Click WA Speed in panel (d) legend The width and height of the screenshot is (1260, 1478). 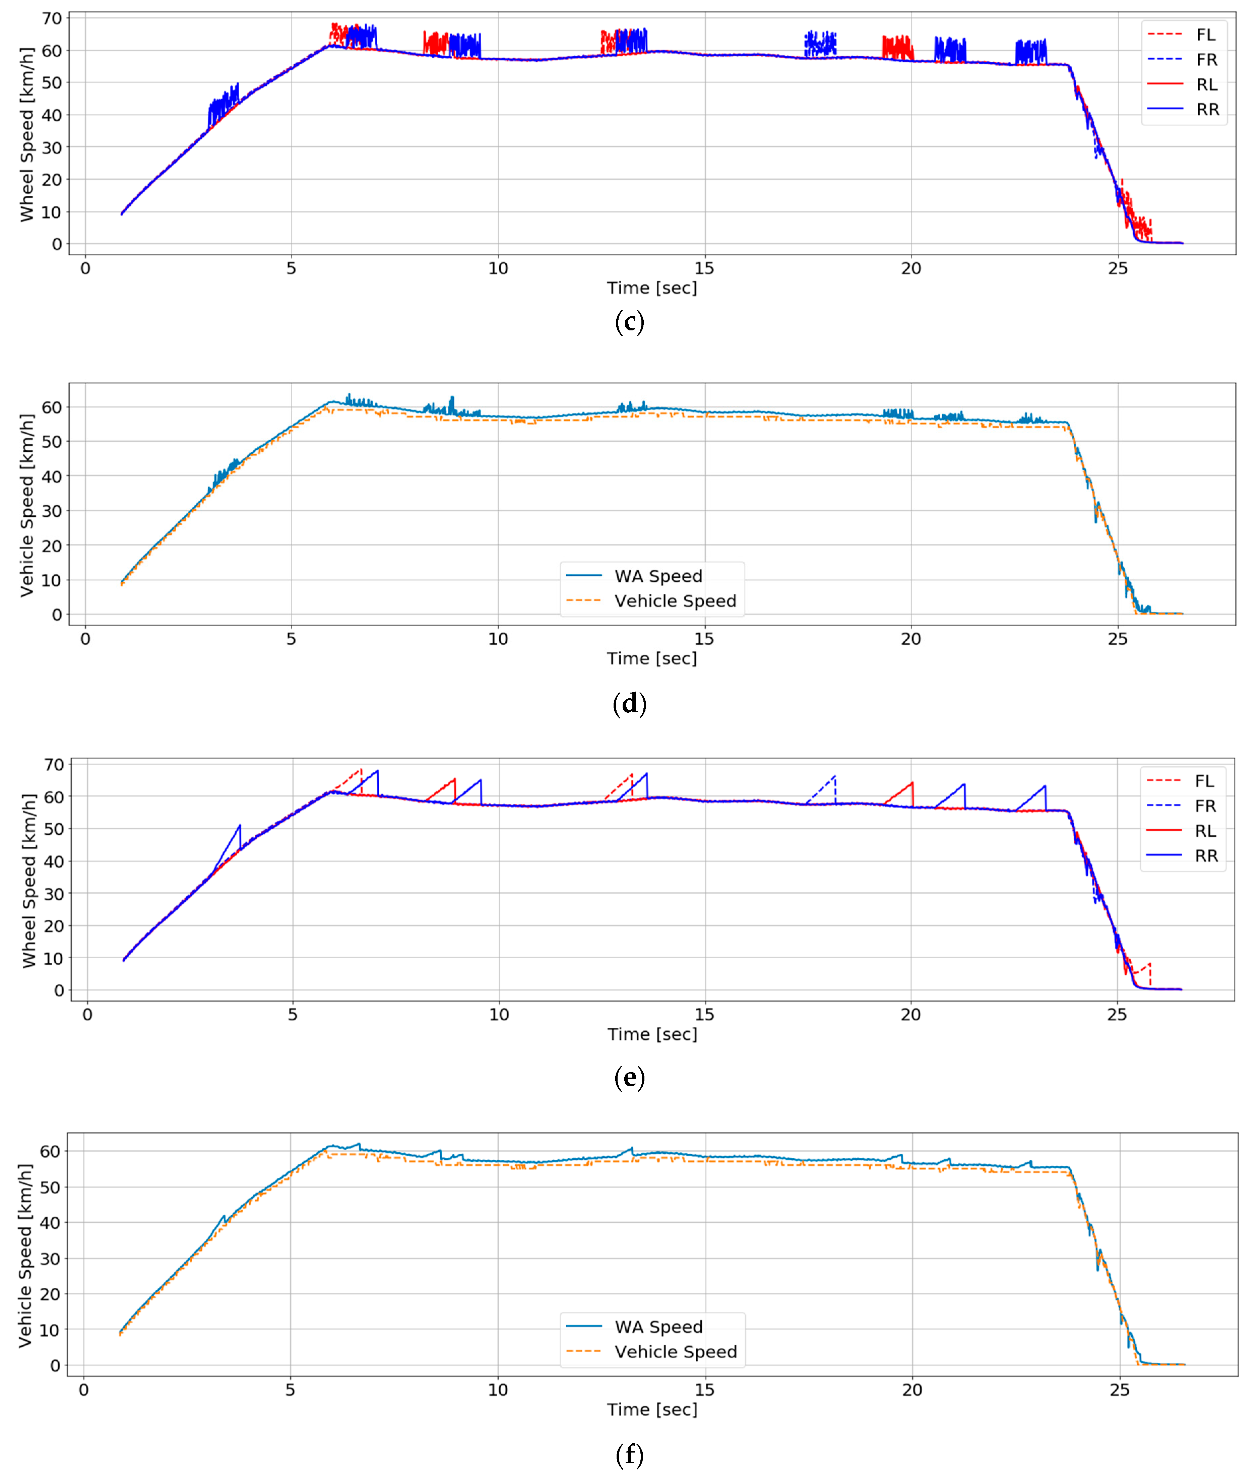coord(658,576)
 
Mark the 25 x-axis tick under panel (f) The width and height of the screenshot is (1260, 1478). coord(1120,1390)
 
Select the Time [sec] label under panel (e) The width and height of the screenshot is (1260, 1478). coord(652,1034)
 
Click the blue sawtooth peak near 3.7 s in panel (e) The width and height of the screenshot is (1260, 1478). coord(240,825)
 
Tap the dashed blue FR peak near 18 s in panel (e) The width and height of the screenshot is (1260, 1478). coord(835,776)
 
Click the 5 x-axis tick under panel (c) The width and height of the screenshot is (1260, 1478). coord(291,269)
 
